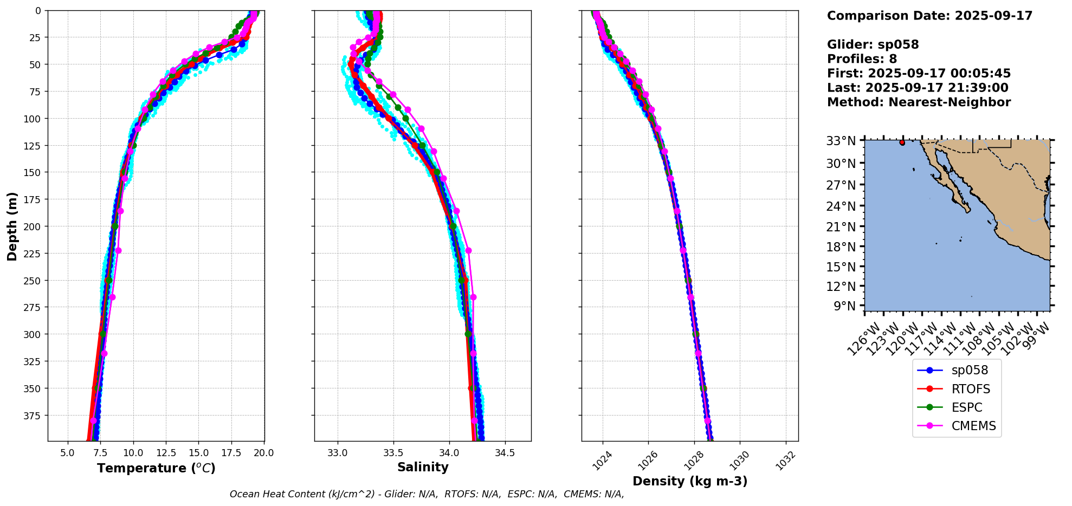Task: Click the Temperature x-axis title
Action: click(156, 468)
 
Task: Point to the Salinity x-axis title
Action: click(423, 468)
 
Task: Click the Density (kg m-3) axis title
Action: click(690, 481)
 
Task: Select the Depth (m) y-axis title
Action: click(12, 226)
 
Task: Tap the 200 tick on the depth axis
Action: click(34, 226)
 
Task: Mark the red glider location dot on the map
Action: click(902, 142)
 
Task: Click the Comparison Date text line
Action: click(929, 16)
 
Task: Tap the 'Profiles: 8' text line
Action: click(862, 59)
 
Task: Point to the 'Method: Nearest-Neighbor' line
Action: click(919, 102)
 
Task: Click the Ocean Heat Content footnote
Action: click(427, 494)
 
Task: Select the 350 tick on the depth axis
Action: click(34, 388)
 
